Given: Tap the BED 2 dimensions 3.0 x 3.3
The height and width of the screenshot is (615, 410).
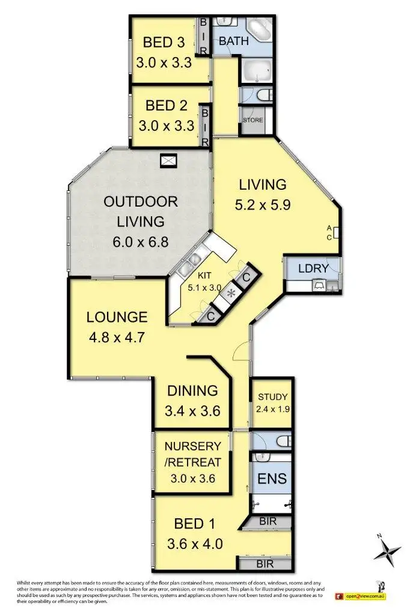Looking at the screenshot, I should tap(166, 126).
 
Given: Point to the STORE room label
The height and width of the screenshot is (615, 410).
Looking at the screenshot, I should tap(253, 120).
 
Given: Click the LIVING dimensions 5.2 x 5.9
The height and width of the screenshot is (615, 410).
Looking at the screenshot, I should tap(263, 204).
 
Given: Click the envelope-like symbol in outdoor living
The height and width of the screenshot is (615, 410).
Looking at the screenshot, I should tap(169, 160).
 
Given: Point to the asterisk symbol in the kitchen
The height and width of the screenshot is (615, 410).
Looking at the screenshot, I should tap(230, 294).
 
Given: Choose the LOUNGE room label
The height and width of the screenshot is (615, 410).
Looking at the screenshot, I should tap(117, 317).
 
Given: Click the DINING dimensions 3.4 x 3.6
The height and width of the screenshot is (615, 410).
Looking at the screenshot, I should tap(192, 411).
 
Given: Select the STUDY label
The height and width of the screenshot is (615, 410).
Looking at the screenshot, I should tap(272, 397).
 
